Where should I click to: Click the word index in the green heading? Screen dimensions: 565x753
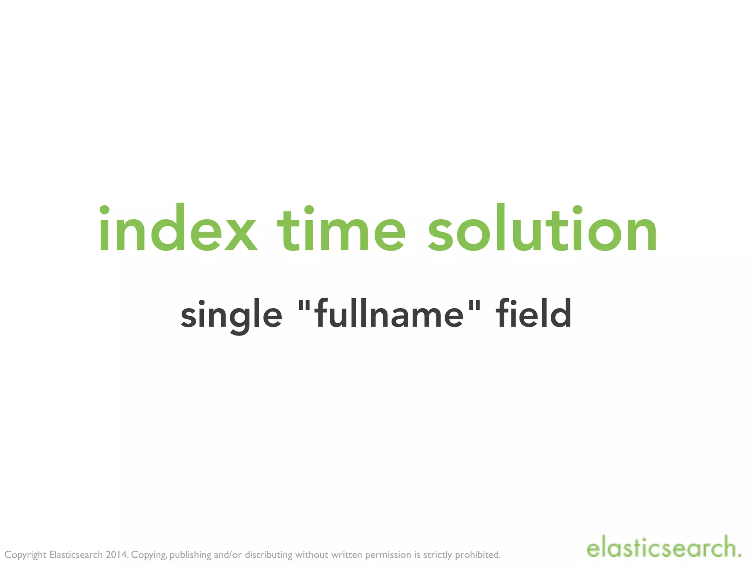coord(178,229)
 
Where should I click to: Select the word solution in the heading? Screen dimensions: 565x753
coord(542,229)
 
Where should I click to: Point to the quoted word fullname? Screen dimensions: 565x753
coord(390,315)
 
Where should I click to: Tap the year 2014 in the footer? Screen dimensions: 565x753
coord(116,555)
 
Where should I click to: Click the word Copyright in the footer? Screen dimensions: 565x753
coord(25,555)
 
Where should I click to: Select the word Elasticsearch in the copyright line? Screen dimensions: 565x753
coord(76,555)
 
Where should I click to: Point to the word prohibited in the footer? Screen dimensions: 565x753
coord(478,555)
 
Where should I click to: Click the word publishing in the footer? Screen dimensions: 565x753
coord(190,555)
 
